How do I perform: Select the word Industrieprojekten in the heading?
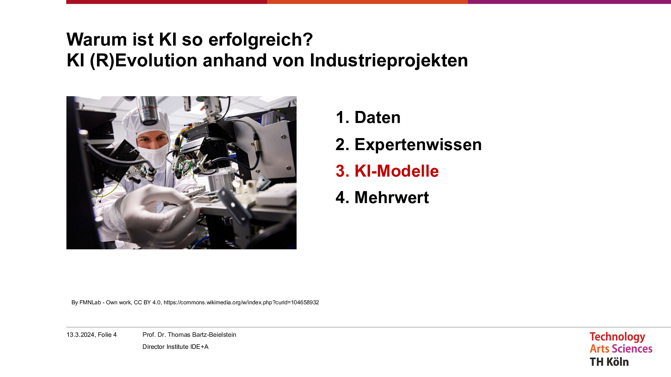pyautogui.click(x=389, y=61)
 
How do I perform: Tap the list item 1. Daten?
pyautogui.click(x=368, y=118)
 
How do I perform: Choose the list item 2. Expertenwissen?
pyautogui.click(x=409, y=145)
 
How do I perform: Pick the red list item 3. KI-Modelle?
pyautogui.click(x=387, y=171)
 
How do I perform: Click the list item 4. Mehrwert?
pyautogui.click(x=382, y=197)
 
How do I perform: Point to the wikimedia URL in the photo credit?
pyautogui.click(x=241, y=303)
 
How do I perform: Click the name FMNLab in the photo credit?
pyautogui.click(x=90, y=303)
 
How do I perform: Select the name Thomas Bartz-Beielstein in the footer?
pyautogui.click(x=202, y=335)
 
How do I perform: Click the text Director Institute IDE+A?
pyautogui.click(x=175, y=347)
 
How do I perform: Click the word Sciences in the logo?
pyautogui.click(x=632, y=349)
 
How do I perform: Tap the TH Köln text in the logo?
pyautogui.click(x=609, y=362)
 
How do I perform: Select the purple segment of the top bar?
pyautogui.click(x=569, y=2)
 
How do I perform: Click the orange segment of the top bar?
pyautogui.click(x=367, y=2)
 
